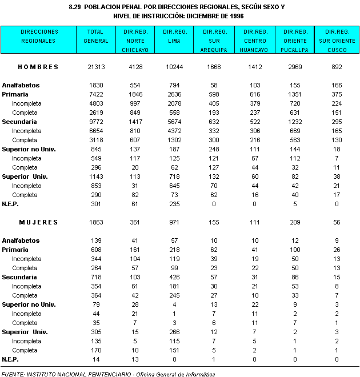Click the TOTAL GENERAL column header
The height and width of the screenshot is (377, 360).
tap(96, 36)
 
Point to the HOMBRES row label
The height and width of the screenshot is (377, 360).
tap(38, 67)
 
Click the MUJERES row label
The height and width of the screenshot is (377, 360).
tap(38, 222)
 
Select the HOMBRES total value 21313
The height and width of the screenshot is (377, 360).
tap(96, 67)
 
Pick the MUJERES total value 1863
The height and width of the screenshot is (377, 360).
tap(96, 222)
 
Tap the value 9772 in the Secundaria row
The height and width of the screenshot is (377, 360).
tap(96, 122)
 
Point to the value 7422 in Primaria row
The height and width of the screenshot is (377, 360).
tap(96, 94)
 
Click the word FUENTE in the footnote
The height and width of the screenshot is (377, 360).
tap(13, 374)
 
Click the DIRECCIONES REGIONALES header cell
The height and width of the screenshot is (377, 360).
tap(38, 36)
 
